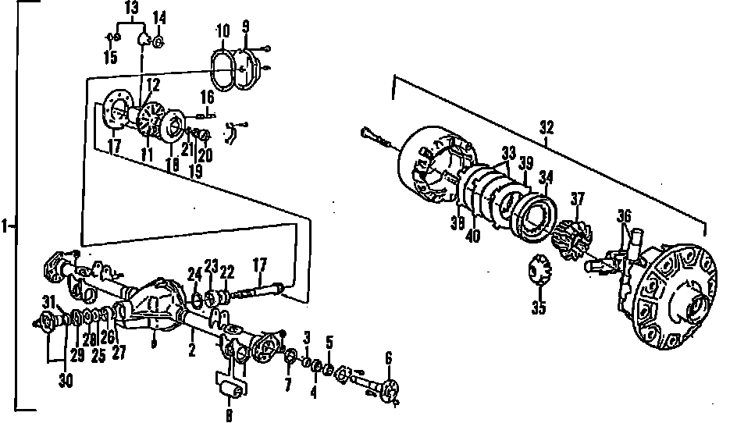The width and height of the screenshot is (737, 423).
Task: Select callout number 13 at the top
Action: pyautogui.click(x=130, y=8)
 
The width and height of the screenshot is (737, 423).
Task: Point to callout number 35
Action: pyautogui.click(x=539, y=307)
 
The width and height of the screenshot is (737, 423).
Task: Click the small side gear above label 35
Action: pyautogui.click(x=538, y=271)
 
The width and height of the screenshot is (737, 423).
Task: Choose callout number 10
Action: pyautogui.click(x=223, y=31)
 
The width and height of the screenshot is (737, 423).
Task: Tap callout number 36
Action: pyautogui.click(x=623, y=215)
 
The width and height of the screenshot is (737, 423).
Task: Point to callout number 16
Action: pyautogui.click(x=207, y=97)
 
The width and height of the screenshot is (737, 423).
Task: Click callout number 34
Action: pyautogui.click(x=546, y=178)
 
